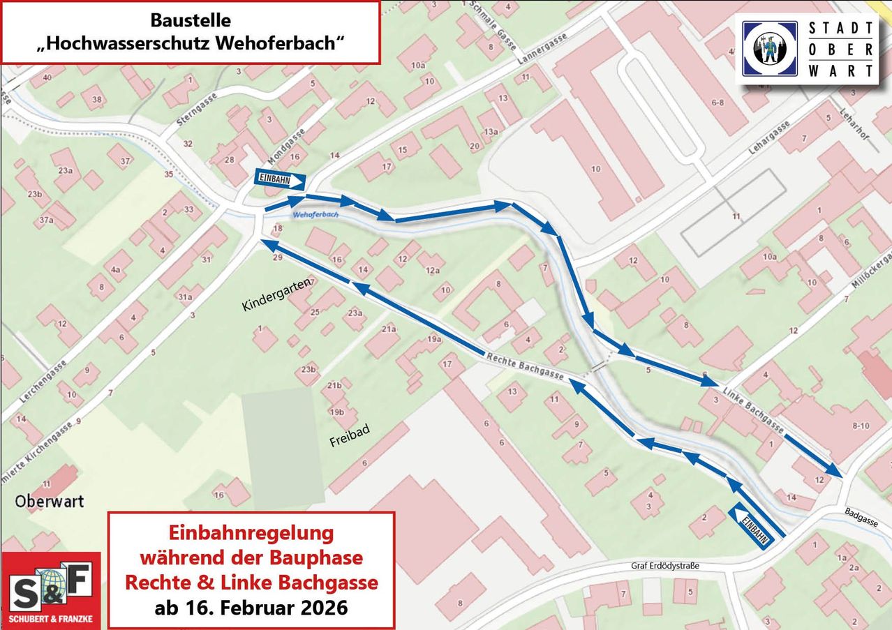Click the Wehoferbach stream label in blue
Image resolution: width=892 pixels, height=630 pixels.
click(x=315, y=215)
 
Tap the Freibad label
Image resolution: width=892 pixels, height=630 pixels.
click(x=349, y=435)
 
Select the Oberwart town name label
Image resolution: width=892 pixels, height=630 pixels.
click(x=49, y=501)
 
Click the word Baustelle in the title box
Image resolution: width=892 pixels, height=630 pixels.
click(x=191, y=20)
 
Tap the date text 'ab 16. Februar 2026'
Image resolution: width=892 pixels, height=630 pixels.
click(x=251, y=607)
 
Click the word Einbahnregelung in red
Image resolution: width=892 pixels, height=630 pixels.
click(x=251, y=533)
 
